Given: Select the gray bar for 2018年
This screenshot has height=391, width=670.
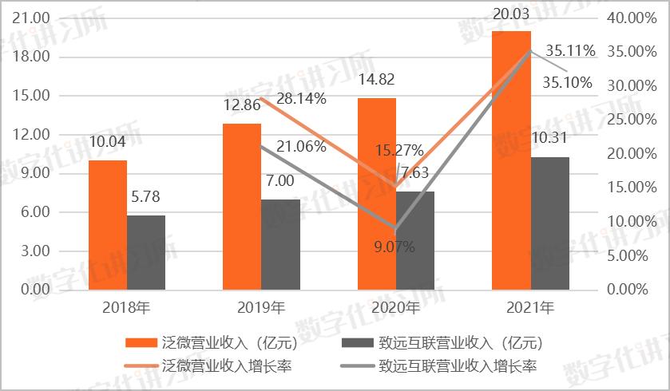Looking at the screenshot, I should (x=146, y=252).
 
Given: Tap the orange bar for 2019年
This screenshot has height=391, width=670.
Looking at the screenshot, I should (x=241, y=206).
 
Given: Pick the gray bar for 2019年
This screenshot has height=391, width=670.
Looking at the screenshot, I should (x=281, y=244).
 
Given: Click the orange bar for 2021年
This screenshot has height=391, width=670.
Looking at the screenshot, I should (x=511, y=160).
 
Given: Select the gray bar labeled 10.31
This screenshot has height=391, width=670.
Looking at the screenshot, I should (x=550, y=223).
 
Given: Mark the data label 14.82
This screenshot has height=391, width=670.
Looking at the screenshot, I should (x=376, y=80).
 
